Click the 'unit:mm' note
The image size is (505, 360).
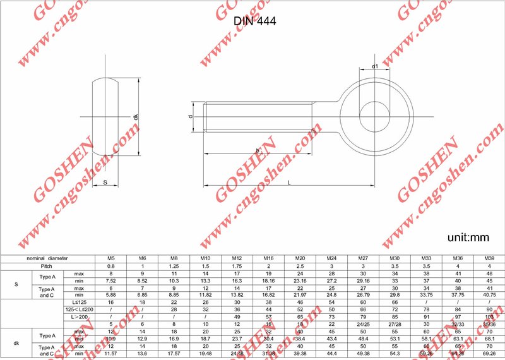pyautogui.click(x=469, y=237)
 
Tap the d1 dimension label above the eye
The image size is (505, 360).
pyautogui.click(x=374, y=66)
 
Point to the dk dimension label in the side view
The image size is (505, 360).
pyautogui.click(x=136, y=117)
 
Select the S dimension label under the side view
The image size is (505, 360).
pyautogui.click(x=105, y=183)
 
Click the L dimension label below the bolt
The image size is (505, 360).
pyautogui.click(x=288, y=182)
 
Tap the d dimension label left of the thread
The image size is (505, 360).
pyautogui.click(x=191, y=117)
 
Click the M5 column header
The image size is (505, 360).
pyautogui.click(x=111, y=258)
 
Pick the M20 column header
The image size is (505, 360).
pyautogui.click(x=300, y=258)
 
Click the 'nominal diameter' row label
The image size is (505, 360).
pyautogui.click(x=47, y=258)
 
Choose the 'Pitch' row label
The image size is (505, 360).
pyautogui.click(x=47, y=266)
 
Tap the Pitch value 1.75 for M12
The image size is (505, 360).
pyautogui.click(x=237, y=266)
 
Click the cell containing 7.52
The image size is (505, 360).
pyautogui.click(x=111, y=280)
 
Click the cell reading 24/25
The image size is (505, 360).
pyautogui.click(x=363, y=324)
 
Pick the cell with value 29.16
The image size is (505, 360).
pyautogui.click(x=363, y=280)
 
